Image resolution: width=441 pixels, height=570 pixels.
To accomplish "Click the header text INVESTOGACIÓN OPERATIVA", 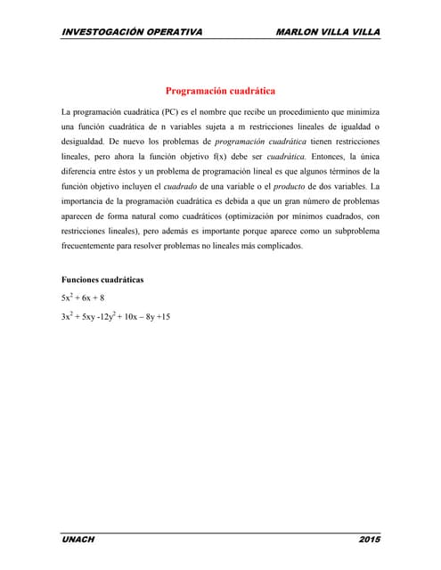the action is click(x=132, y=32).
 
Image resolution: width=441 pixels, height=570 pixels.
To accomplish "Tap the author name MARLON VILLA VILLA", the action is click(x=329, y=32).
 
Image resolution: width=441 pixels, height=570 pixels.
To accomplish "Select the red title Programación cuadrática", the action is click(x=220, y=91).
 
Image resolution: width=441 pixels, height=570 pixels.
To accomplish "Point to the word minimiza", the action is click(x=359, y=112).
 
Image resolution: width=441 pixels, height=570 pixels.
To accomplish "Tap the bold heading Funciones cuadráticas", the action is click(x=102, y=281).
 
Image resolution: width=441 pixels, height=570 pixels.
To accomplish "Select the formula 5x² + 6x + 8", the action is click(x=84, y=298).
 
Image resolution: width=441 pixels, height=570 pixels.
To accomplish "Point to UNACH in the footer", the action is click(x=78, y=539).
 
